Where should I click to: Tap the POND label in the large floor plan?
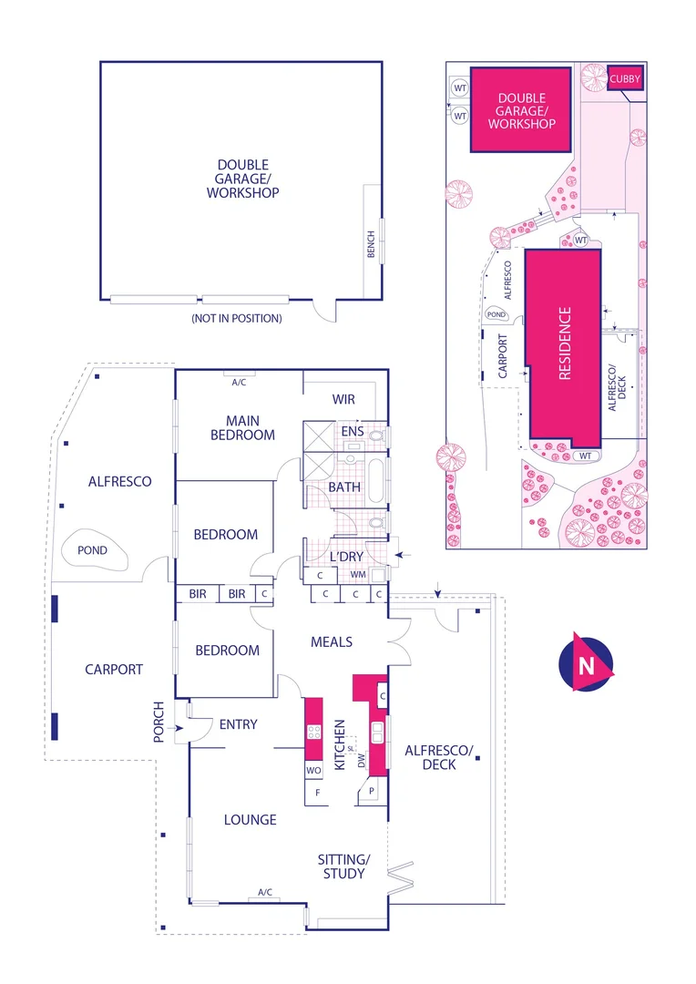[92, 550]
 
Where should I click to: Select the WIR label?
[343, 399]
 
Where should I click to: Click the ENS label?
[353, 431]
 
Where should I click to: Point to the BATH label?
[344, 487]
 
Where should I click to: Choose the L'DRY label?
[346, 556]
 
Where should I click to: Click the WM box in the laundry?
[357, 576]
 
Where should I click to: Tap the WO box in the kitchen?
[313, 771]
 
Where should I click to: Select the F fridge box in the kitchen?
[318, 793]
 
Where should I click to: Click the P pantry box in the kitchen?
[372, 793]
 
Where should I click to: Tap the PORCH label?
[160, 722]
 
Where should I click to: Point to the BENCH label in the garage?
[371, 243]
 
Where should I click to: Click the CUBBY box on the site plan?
[626, 79]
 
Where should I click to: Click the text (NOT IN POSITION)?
[236, 318]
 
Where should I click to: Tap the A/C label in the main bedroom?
[239, 383]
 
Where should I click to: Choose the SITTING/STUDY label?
[343, 866]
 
